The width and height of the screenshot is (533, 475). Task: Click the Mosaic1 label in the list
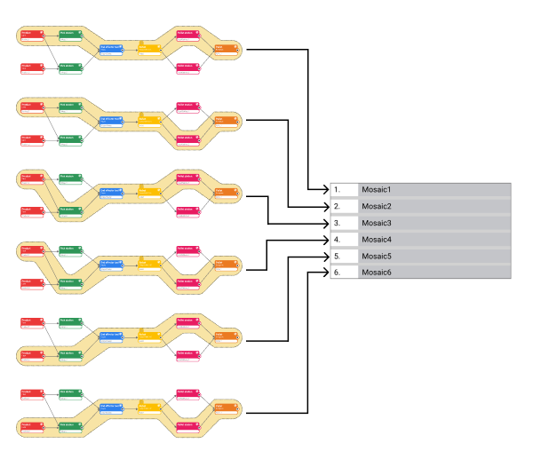click(x=376, y=189)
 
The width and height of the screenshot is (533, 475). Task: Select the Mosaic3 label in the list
click(x=376, y=223)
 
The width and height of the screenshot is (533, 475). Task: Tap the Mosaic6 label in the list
click(x=376, y=273)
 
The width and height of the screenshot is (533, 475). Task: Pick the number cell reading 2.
click(x=343, y=206)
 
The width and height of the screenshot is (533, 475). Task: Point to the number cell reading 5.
click(x=343, y=257)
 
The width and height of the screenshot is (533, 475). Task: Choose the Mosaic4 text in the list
click(x=376, y=240)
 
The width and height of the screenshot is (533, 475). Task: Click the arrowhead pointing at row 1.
click(x=325, y=189)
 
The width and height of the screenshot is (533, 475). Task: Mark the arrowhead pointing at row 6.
click(x=325, y=273)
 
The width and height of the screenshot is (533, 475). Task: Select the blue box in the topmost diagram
click(x=111, y=50)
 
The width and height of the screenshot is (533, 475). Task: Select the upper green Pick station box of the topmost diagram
click(x=70, y=35)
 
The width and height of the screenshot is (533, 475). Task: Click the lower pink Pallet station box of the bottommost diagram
click(x=187, y=426)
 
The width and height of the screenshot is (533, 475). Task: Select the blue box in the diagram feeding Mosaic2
click(x=111, y=122)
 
